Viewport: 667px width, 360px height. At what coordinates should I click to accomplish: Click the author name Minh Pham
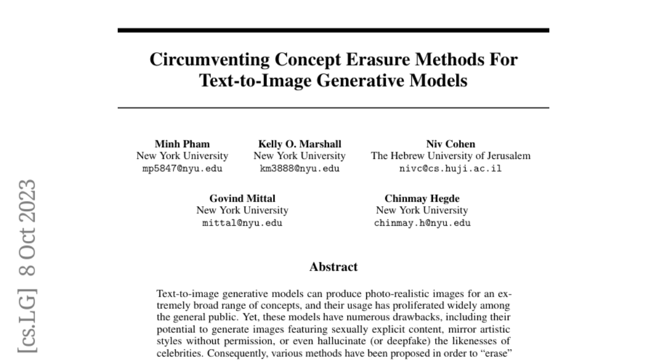click(182, 144)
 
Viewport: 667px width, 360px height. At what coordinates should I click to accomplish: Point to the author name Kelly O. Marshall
click(300, 144)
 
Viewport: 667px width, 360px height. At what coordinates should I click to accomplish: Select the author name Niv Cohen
click(450, 144)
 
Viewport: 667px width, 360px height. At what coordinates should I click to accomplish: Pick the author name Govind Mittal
click(242, 198)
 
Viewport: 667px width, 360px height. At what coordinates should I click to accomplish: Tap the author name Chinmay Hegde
click(422, 198)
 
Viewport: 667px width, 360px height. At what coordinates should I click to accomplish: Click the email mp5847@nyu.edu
click(182, 168)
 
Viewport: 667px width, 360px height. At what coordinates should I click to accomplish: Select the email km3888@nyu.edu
click(300, 168)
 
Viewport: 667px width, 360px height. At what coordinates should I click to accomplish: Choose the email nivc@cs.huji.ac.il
click(450, 168)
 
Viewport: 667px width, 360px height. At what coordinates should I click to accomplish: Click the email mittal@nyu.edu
click(242, 223)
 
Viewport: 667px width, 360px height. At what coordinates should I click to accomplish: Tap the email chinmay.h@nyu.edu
click(422, 223)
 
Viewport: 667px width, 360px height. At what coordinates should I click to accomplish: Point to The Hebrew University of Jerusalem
click(450, 156)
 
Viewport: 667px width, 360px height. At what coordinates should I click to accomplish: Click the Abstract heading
click(333, 267)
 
